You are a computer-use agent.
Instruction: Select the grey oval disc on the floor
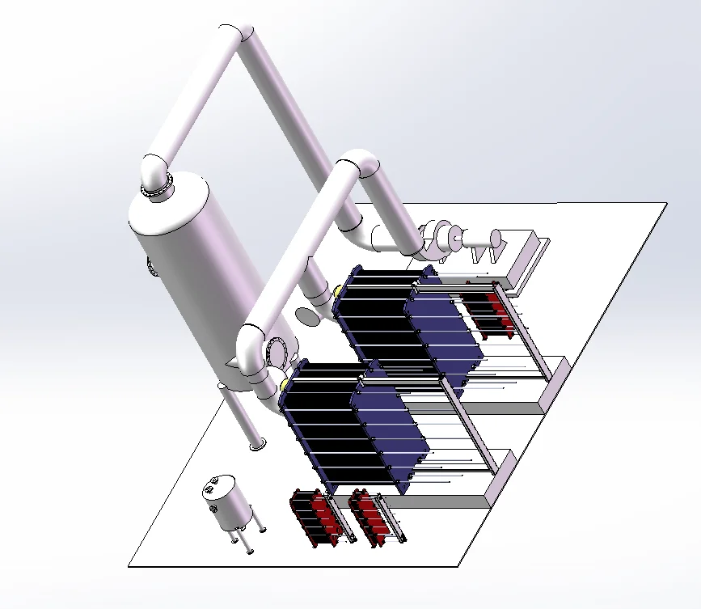[x=308, y=315]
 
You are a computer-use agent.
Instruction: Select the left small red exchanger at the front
[x=315, y=518]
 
